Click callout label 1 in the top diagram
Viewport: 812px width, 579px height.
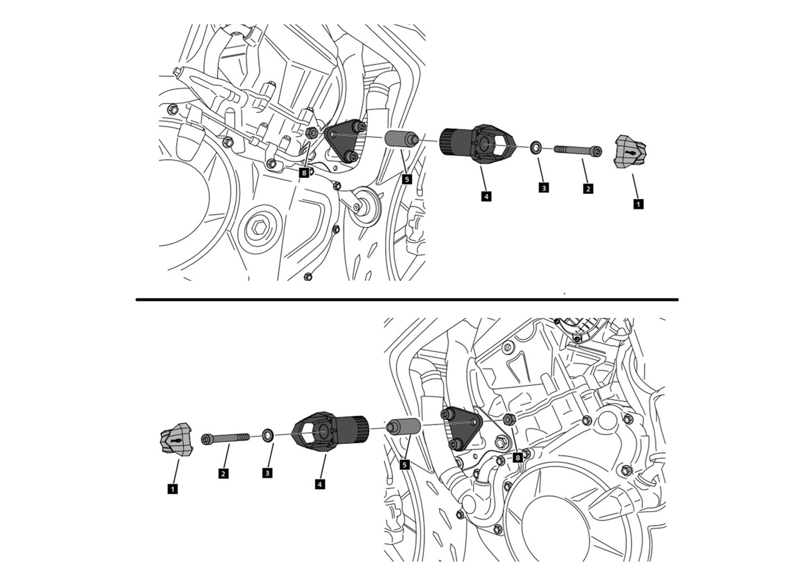pos(639,204)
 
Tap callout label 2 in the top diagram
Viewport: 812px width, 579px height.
pos(588,189)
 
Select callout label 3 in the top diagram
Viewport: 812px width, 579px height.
pos(543,187)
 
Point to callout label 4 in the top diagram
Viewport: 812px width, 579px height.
pos(486,197)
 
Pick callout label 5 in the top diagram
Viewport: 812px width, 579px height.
pos(407,179)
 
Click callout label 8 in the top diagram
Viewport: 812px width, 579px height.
pos(304,172)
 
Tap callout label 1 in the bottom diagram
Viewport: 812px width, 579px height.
pos(173,489)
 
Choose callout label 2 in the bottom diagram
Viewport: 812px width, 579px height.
pos(223,473)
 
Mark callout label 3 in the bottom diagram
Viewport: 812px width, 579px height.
pos(267,473)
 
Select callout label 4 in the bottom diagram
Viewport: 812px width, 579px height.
pos(320,484)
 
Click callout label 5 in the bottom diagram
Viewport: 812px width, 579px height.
pos(405,465)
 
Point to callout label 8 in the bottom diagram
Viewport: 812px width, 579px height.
pos(517,458)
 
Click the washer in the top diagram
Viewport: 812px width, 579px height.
pos(535,147)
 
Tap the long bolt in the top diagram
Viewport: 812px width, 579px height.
pos(578,150)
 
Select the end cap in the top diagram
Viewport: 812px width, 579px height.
pos(630,151)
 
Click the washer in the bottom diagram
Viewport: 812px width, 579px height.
pos(268,435)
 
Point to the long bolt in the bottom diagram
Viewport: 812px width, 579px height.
pos(226,438)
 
